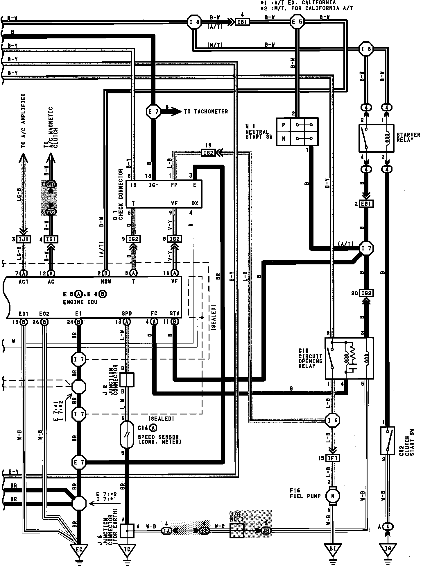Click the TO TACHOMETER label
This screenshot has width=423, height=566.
(206, 112)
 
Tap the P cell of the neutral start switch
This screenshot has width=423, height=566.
(284, 125)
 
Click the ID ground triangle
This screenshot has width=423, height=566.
(127, 549)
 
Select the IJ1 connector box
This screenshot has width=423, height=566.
(24, 239)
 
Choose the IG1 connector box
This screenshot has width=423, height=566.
(51, 239)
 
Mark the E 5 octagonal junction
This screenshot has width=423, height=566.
(297, 22)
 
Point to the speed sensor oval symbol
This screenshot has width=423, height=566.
(127, 435)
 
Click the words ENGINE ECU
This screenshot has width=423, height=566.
(80, 302)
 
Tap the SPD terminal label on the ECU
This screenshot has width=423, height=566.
(127, 314)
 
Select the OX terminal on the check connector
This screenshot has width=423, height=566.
(195, 203)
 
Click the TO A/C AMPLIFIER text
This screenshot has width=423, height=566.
(24, 120)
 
